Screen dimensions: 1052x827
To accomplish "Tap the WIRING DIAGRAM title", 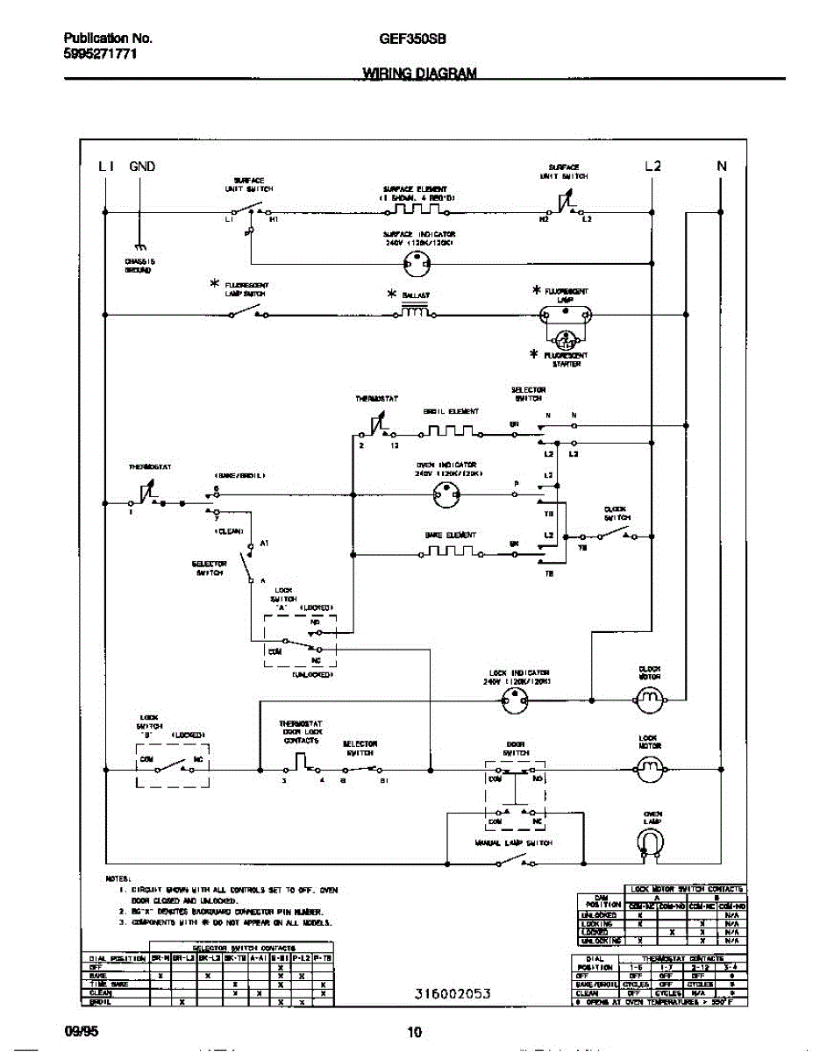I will [419, 75].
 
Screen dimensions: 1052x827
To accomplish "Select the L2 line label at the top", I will [652, 166].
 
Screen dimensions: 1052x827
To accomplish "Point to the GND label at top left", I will [142, 166].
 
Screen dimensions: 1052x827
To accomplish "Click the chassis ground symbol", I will [139, 250].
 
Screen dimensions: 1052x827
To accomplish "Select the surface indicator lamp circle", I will [418, 262].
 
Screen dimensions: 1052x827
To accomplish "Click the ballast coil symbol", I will [416, 312].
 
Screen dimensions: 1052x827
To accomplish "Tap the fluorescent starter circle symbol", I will [567, 338].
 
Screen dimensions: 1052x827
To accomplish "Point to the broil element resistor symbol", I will [449, 431].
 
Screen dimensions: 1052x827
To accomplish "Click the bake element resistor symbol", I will [449, 552].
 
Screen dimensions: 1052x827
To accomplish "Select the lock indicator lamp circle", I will [515, 700].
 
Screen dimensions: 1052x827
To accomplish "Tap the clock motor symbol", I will [650, 700].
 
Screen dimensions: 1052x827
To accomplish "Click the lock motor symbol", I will [650, 770].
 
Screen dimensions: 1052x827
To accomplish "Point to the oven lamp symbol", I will [651, 843].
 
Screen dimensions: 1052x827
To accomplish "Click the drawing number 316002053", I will [452, 993].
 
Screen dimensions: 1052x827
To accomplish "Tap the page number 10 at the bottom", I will [414, 1032].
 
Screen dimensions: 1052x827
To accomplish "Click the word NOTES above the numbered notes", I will [118, 878].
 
